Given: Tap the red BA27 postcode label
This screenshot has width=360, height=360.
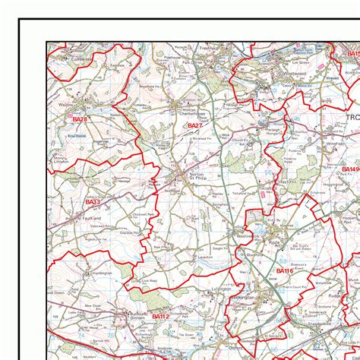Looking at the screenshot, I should pyautogui.click(x=194, y=125).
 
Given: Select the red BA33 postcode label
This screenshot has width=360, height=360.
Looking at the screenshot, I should pyautogui.click(x=93, y=202).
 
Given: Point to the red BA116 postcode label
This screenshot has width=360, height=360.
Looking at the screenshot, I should pyautogui.click(x=285, y=271).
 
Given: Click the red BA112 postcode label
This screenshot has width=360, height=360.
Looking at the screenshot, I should pyautogui.click(x=160, y=315).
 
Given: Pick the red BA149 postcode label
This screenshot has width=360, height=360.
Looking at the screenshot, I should pyautogui.click(x=350, y=169).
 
